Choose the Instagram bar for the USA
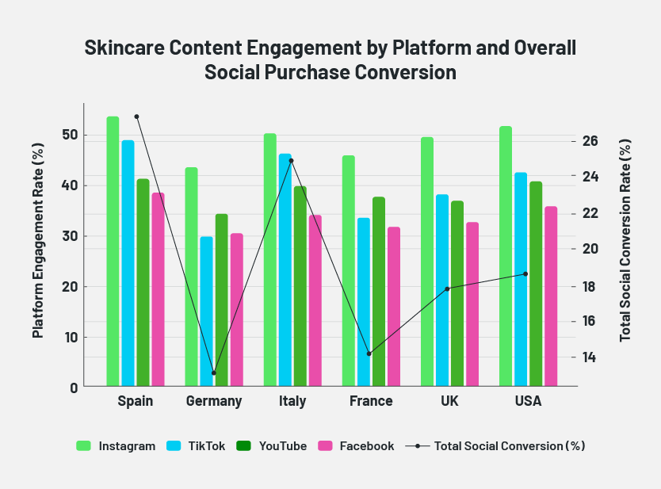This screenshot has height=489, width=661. click(x=506, y=257)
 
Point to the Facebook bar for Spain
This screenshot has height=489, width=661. click(x=158, y=289)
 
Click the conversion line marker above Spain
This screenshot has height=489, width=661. click(x=136, y=117)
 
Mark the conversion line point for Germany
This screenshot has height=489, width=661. click(x=214, y=372)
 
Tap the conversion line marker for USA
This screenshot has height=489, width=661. click(x=525, y=274)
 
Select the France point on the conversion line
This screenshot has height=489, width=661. click(x=369, y=353)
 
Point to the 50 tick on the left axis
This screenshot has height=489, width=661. click(x=69, y=135)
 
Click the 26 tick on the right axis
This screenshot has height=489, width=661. click(x=590, y=141)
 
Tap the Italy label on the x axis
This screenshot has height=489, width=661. click(x=292, y=401)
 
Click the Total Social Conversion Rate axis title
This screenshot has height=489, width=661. click(x=625, y=240)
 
